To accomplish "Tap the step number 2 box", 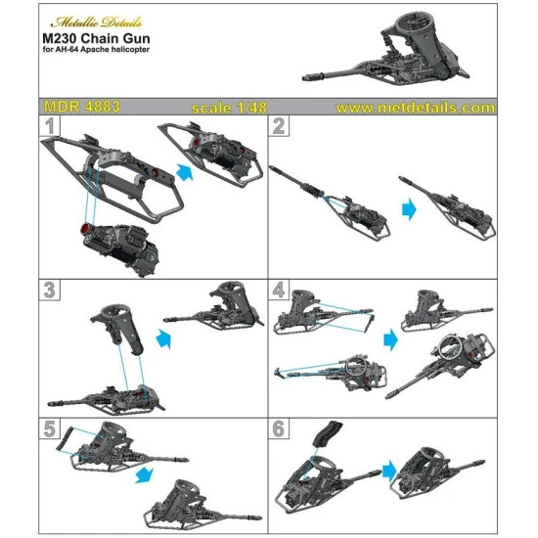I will [280, 127].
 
